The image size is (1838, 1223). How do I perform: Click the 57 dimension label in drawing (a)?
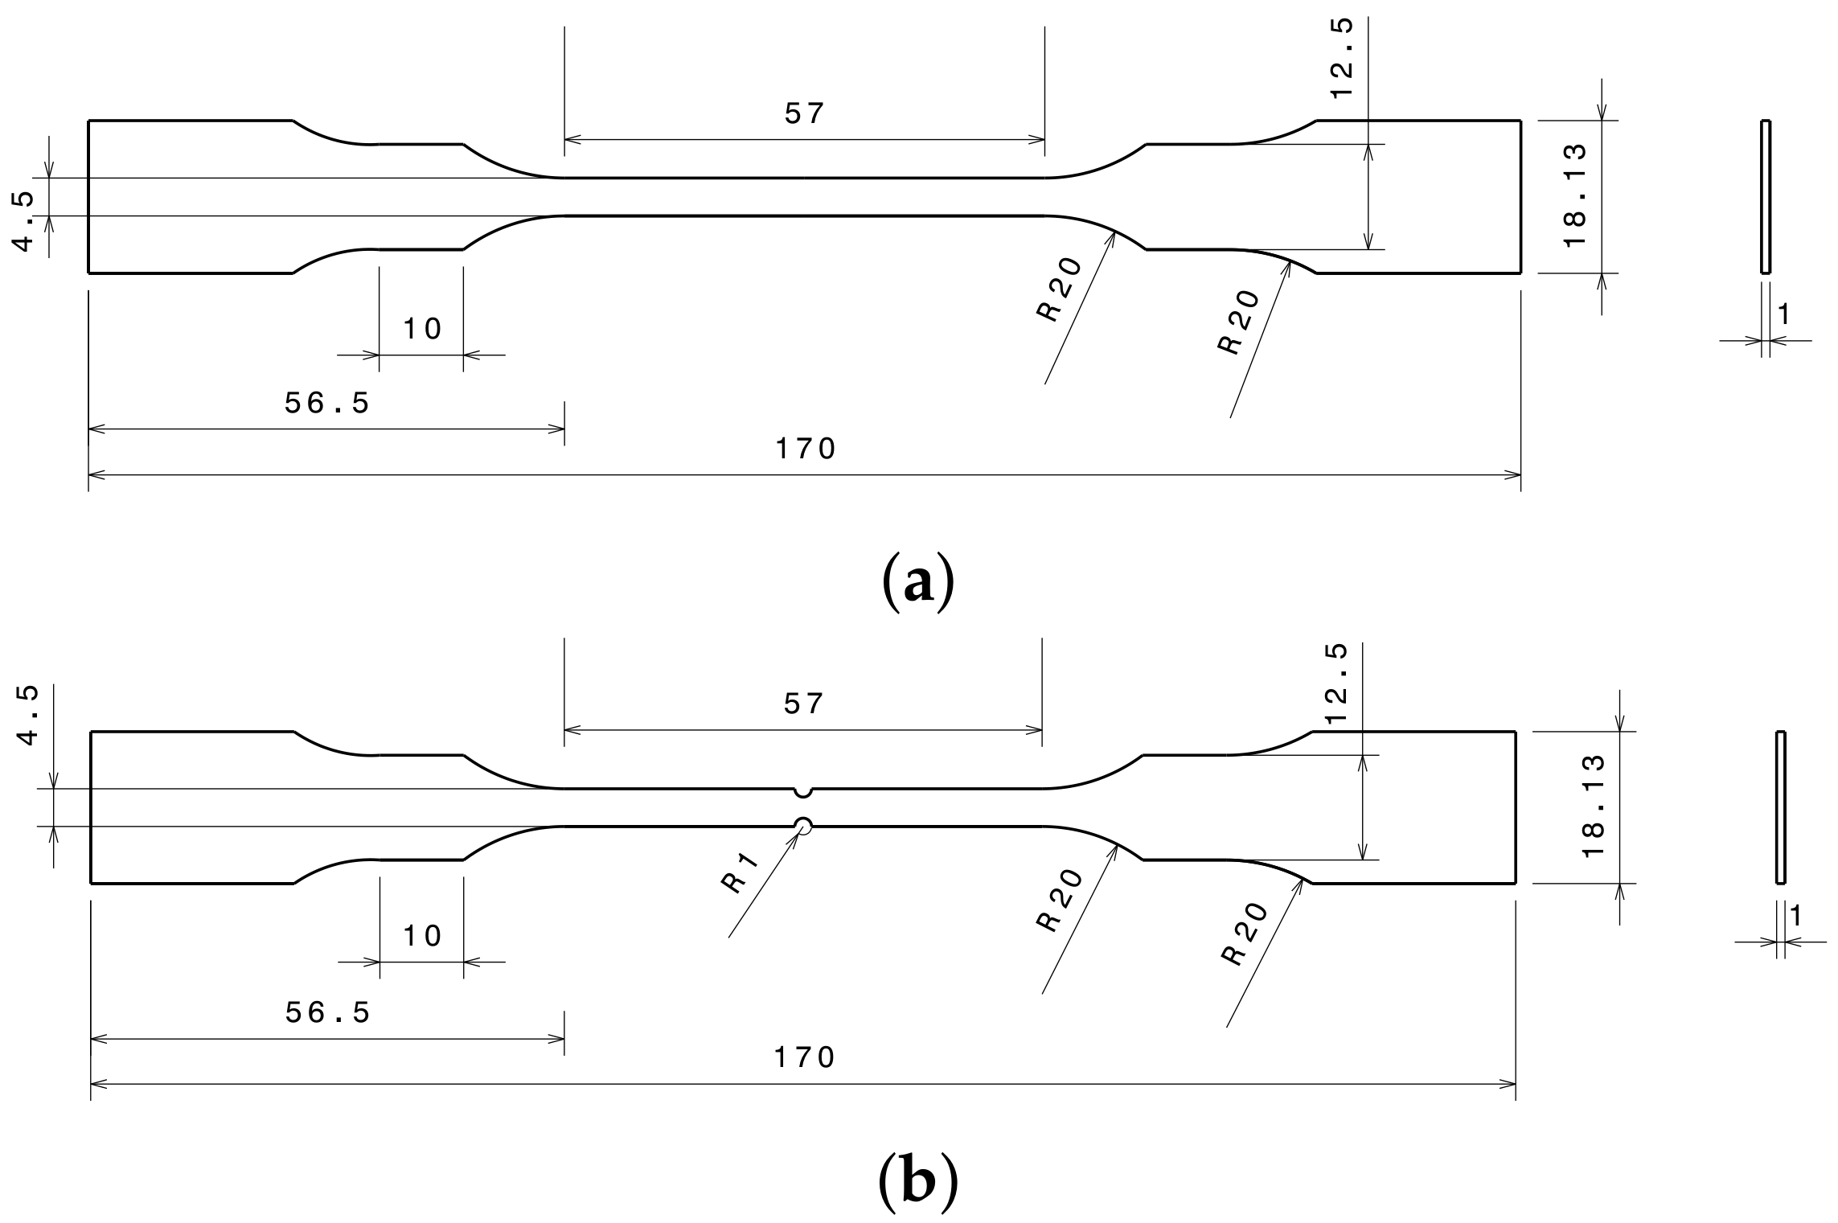click(805, 114)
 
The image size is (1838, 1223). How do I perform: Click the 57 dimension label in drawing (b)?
click(804, 704)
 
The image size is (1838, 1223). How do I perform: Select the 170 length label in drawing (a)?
click(806, 449)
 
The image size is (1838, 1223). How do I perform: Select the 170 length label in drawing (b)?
click(805, 1057)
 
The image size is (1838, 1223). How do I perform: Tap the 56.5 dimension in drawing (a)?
click(327, 403)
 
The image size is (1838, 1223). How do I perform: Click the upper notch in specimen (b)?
click(802, 792)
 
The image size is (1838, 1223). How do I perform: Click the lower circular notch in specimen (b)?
click(802, 824)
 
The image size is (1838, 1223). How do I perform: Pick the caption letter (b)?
click(917, 1182)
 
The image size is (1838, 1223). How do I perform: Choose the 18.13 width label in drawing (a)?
click(1574, 195)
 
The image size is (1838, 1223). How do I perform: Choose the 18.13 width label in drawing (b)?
click(1593, 806)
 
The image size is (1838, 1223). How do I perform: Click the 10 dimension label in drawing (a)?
click(422, 328)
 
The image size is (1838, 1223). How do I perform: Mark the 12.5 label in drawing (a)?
click(1342, 59)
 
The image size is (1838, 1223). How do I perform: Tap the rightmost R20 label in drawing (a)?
click(1239, 322)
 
